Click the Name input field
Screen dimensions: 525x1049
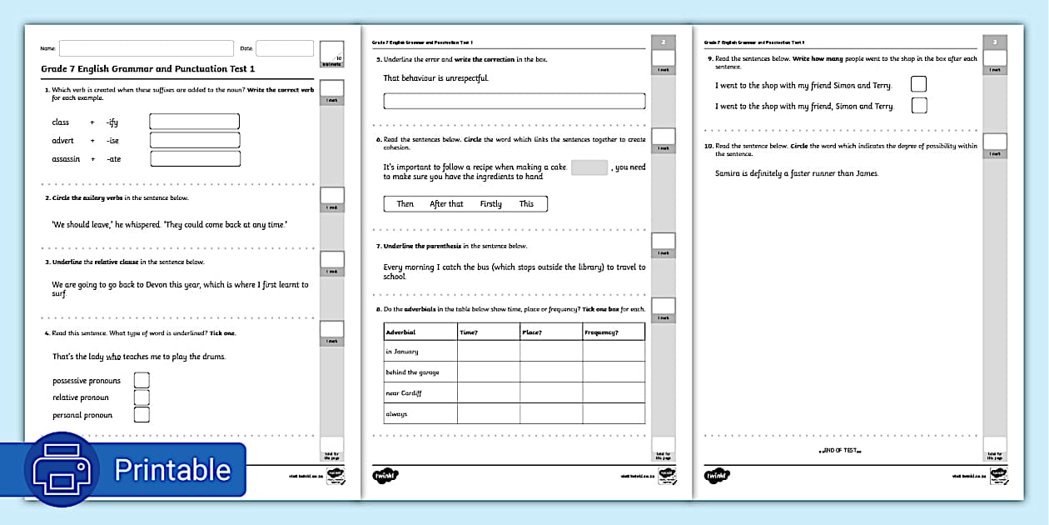pyautogui.click(x=146, y=48)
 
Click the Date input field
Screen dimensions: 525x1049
pyautogui.click(x=284, y=48)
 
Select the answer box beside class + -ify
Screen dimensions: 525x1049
pyautogui.click(x=195, y=122)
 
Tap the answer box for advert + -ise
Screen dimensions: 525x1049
pyautogui.click(x=195, y=140)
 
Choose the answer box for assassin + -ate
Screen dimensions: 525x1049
pyautogui.click(x=195, y=158)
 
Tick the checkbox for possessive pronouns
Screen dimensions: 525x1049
pyautogui.click(x=142, y=380)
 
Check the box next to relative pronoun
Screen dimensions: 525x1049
pyautogui.click(x=142, y=397)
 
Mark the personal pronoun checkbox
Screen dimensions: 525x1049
pyautogui.click(x=142, y=414)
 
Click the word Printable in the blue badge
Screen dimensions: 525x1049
pyautogui.click(x=172, y=470)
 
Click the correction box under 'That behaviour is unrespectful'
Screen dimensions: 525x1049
pyautogui.click(x=514, y=101)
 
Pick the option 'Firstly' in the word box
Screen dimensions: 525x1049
pyautogui.click(x=491, y=204)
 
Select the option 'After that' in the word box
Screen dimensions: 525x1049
pyautogui.click(x=446, y=204)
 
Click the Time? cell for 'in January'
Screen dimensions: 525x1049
pyautogui.click(x=489, y=352)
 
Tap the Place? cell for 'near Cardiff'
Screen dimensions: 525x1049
pyautogui.click(x=551, y=392)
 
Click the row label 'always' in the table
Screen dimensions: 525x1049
pyautogui.click(x=397, y=414)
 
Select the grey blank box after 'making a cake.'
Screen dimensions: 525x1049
pyautogui.click(x=589, y=167)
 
